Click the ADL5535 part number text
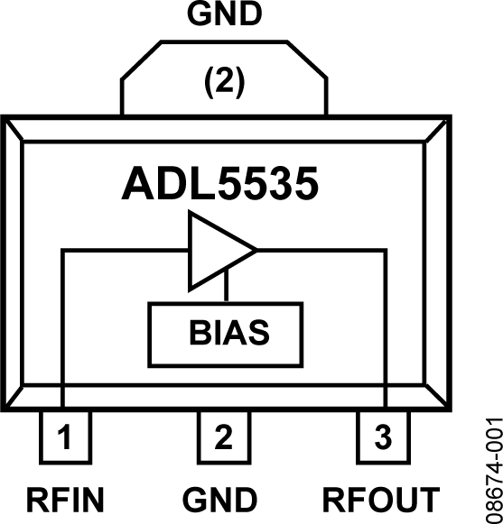click(219, 184)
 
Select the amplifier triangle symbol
click(216, 252)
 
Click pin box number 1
click(64, 439)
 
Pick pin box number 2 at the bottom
click(222, 439)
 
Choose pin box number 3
click(383, 439)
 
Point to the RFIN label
click(65, 499)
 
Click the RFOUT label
click(382, 499)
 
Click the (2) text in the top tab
click(222, 83)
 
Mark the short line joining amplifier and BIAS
click(226, 289)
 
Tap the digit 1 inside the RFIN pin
click(64, 439)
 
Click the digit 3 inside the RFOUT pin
click(383, 439)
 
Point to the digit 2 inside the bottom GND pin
click(222, 439)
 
